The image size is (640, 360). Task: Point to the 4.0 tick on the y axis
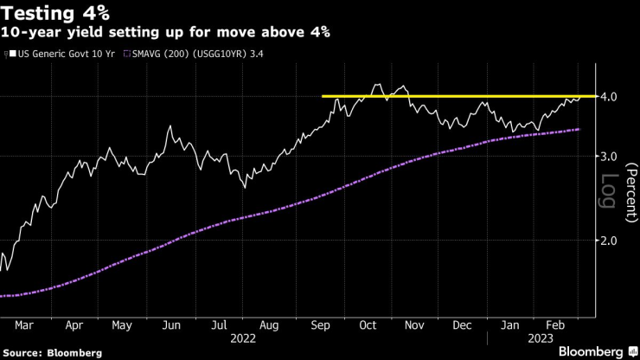pyautogui.click(x=607, y=97)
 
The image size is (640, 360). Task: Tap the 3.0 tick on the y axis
pyautogui.click(x=607, y=157)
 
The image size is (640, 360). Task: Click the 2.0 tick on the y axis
pyautogui.click(x=607, y=241)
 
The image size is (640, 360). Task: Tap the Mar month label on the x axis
pyautogui.click(x=25, y=325)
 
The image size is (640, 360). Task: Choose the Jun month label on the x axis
pyautogui.click(x=171, y=325)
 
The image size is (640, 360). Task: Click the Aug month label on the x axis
pyautogui.click(x=269, y=325)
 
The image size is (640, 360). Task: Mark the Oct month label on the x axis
pyautogui.click(x=368, y=325)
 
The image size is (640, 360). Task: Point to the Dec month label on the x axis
pyautogui.click(x=464, y=325)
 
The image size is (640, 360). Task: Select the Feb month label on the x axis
pyautogui.click(x=557, y=325)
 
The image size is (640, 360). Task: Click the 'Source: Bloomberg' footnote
pyautogui.click(x=52, y=353)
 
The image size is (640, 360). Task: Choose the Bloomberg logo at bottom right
pyautogui.click(x=591, y=351)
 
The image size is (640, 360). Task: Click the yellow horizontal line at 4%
pyautogui.click(x=458, y=96)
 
